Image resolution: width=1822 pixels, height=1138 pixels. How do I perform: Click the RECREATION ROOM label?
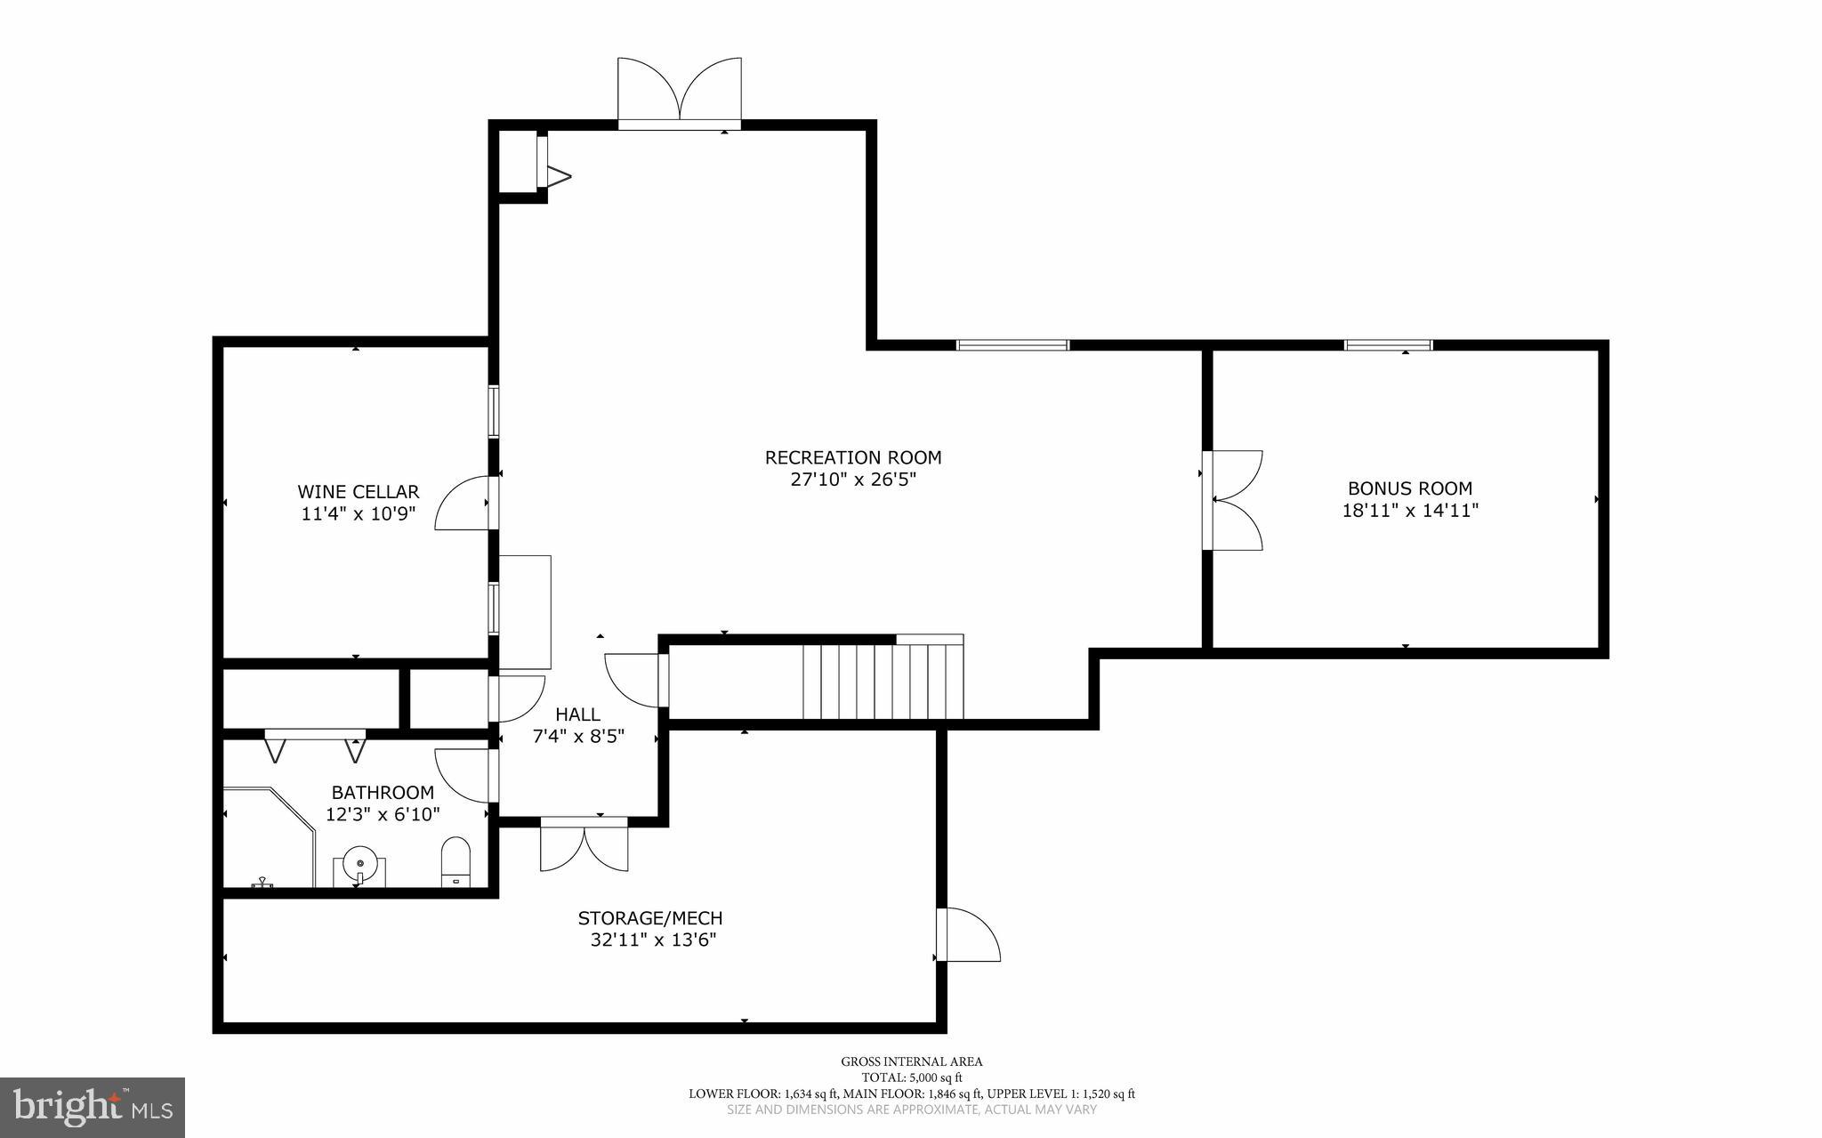tap(852, 457)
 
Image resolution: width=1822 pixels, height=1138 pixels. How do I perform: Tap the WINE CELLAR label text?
tap(358, 492)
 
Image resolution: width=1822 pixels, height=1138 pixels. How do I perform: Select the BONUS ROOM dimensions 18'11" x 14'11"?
tap(1410, 511)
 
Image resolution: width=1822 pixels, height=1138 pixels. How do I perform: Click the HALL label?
tap(577, 714)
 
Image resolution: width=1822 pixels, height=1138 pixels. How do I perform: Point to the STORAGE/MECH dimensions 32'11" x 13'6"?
tap(653, 940)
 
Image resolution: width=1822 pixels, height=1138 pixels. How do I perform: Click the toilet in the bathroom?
tap(455, 860)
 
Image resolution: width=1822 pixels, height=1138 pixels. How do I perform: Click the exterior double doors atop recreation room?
tap(680, 93)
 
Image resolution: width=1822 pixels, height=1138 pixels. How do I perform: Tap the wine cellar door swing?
tap(464, 504)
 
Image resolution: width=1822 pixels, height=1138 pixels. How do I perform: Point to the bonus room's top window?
tap(1388, 345)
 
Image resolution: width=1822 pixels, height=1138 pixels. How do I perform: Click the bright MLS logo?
tap(93, 1107)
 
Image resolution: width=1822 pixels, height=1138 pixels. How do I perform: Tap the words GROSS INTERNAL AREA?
tap(912, 1061)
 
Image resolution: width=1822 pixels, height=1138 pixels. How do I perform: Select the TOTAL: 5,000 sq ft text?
tap(912, 1077)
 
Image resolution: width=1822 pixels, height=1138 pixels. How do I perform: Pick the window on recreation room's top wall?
tap(1012, 345)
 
